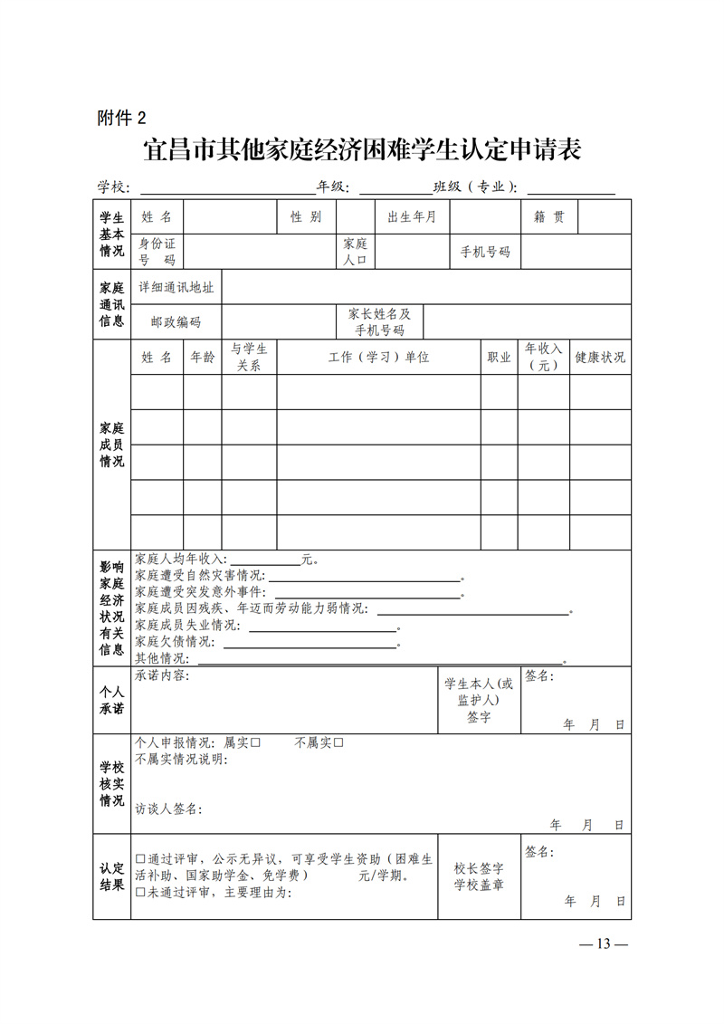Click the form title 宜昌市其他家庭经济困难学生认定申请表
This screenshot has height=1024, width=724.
pos(361,149)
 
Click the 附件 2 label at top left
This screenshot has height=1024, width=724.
pos(120,117)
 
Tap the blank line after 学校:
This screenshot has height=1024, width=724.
pos(226,187)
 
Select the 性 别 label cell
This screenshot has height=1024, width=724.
pos(306,217)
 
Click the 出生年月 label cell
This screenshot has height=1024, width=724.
pos(412,217)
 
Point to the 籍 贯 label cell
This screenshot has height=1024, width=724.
pos(549,217)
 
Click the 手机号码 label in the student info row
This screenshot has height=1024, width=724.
pos(485,252)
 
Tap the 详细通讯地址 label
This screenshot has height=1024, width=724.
pos(176,287)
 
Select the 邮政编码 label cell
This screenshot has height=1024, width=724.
pos(176,321)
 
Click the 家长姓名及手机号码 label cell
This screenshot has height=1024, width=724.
pos(379,321)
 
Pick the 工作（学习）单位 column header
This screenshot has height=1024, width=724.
pos(378,357)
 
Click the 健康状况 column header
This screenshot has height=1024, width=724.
pos(600,357)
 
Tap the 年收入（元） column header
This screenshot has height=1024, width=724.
pos(544,357)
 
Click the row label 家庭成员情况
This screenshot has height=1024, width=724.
pos(111,444)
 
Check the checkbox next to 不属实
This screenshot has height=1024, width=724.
pos(338,743)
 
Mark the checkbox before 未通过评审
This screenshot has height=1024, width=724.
pos(140,892)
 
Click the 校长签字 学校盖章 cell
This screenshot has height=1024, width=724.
pos(479,876)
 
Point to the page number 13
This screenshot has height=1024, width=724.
pos(604,943)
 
